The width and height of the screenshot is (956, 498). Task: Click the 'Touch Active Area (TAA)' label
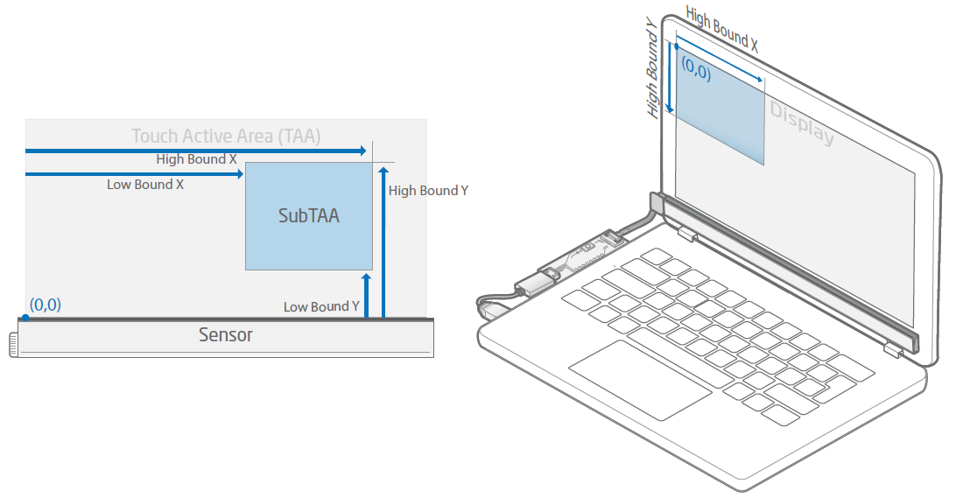(226, 136)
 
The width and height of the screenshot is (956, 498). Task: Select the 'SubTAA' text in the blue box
(309, 215)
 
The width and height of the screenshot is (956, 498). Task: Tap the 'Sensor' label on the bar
(225, 334)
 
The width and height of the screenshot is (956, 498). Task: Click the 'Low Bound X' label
(145, 185)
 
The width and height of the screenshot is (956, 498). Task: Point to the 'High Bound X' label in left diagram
(196, 159)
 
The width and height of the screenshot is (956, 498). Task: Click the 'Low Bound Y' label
(321, 306)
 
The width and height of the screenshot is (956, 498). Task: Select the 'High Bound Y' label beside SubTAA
(428, 190)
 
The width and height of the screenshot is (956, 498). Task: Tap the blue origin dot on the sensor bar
(25, 317)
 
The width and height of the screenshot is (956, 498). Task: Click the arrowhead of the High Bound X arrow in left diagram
(362, 151)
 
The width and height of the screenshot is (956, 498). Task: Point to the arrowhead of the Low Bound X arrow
(239, 174)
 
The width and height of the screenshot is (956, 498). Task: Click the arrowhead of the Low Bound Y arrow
(367, 278)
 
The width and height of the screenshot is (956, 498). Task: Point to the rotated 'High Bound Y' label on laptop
(653, 71)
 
